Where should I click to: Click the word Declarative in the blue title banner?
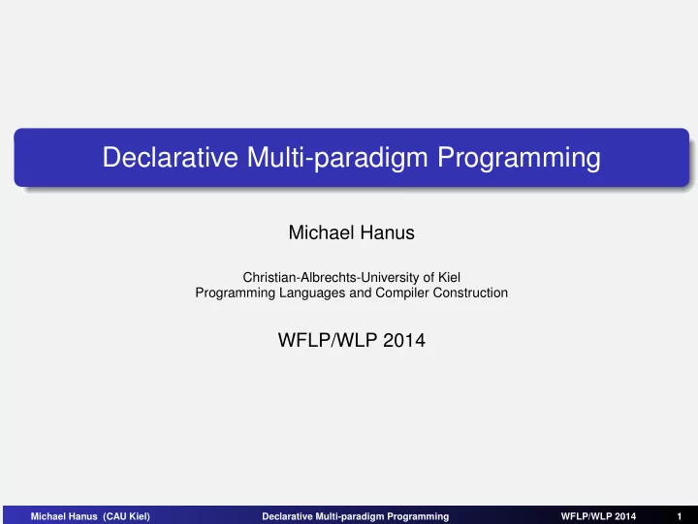(170, 157)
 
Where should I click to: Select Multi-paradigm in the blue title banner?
(337, 158)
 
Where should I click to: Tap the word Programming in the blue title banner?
(519, 158)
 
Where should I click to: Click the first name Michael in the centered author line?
(321, 232)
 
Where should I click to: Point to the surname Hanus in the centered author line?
(387, 232)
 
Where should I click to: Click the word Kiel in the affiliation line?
(449, 277)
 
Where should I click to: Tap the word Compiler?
(402, 293)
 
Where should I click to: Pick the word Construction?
(470, 293)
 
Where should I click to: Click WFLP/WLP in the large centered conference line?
(328, 340)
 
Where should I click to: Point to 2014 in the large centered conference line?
(403, 340)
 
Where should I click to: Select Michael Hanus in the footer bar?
(64, 516)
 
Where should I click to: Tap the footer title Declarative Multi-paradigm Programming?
(355, 516)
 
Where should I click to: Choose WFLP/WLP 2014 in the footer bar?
(598, 516)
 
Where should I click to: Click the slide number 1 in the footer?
(680, 516)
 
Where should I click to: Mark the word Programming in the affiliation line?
(235, 293)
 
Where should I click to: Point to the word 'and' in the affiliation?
(360, 293)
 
